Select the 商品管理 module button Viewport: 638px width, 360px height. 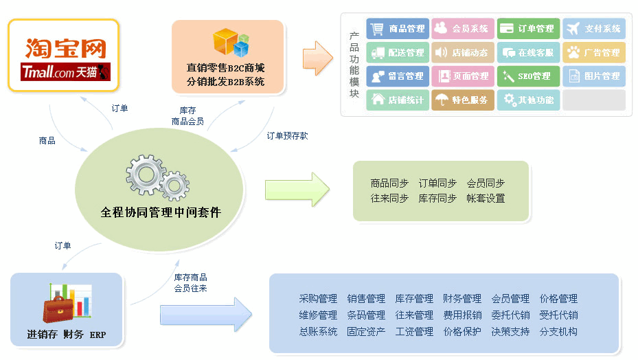tap(398, 29)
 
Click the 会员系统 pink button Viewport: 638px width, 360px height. tap(462, 29)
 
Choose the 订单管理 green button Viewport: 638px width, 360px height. tap(527, 29)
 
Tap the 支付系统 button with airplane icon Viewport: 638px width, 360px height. tap(594, 29)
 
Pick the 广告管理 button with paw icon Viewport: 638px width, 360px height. tap(594, 52)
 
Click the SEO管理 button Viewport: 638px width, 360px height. tap(527, 76)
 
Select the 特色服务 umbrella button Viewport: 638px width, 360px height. tap(462, 100)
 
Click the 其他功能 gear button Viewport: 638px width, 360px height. tap(527, 100)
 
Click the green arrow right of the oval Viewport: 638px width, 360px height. tap(297, 190)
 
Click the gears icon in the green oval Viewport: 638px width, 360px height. tap(157, 177)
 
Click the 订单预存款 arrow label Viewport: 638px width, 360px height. tap(287, 135)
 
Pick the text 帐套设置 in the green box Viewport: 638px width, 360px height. tap(486, 198)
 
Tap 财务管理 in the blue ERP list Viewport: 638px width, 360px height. tap(462, 299)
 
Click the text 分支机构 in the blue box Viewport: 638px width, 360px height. tap(558, 331)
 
